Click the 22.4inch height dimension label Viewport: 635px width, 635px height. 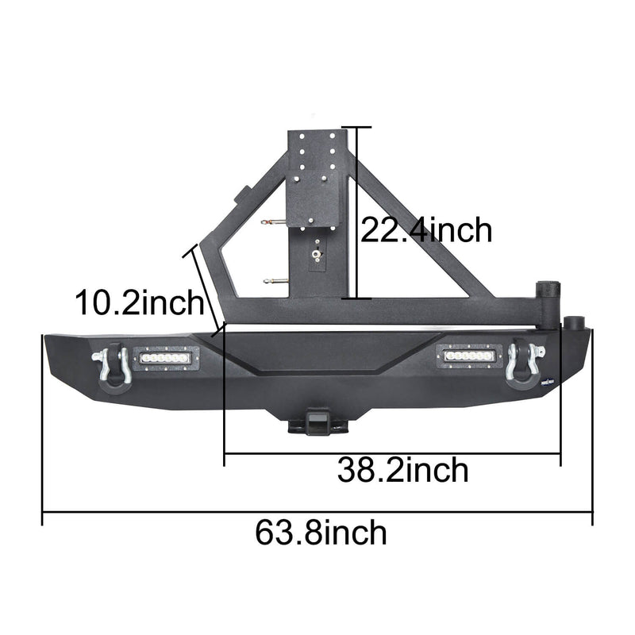click(x=426, y=230)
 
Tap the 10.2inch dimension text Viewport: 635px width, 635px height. click(x=139, y=302)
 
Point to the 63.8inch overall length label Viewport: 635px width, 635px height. click(x=321, y=532)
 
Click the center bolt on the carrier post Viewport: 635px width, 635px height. click(x=316, y=254)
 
